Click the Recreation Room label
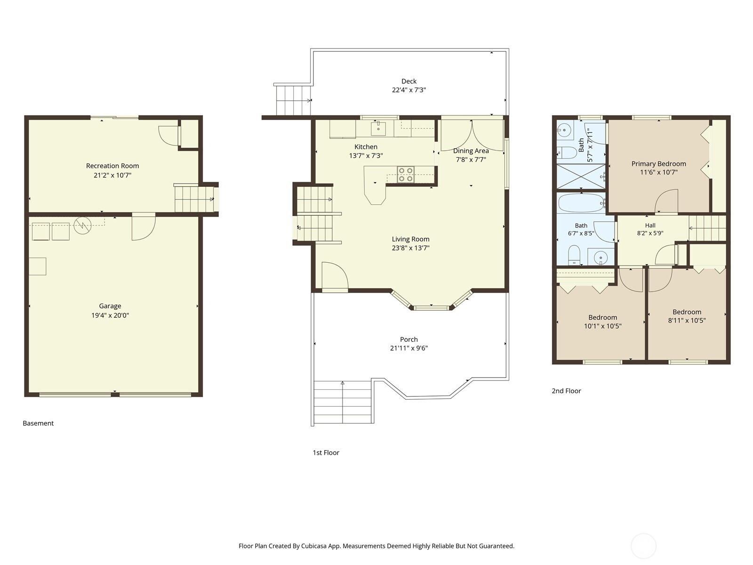point(112,166)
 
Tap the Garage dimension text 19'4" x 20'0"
point(110,315)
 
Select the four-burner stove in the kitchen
point(406,174)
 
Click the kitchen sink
point(378,128)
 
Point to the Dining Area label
point(471,151)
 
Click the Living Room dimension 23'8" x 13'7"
point(410,248)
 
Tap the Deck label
point(409,81)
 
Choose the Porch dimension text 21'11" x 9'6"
point(409,348)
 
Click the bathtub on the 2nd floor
point(581,203)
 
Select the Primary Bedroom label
point(659,164)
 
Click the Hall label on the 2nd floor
point(650,226)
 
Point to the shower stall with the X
point(580,176)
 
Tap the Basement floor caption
point(38,423)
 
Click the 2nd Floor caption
point(566,391)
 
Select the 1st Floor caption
point(326,452)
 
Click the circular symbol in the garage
point(82,226)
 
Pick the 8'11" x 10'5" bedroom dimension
point(687,321)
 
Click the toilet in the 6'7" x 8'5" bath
point(574,255)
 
